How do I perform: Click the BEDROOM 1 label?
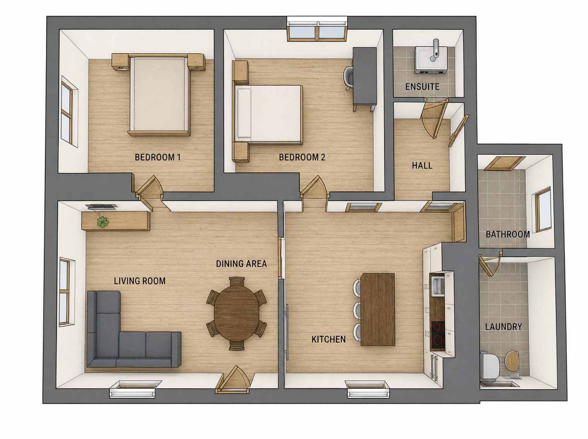(x=157, y=157)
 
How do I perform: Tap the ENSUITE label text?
(x=422, y=87)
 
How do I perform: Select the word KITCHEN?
(x=328, y=339)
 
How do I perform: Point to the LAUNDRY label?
(x=504, y=327)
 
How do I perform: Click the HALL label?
(x=422, y=166)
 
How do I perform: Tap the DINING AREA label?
(x=241, y=264)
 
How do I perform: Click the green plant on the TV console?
(x=103, y=222)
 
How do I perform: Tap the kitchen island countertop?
(x=378, y=309)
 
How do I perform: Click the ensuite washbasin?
(x=431, y=60)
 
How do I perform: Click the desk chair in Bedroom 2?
(x=348, y=78)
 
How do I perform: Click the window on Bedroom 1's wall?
(x=67, y=112)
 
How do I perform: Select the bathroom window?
(x=543, y=209)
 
